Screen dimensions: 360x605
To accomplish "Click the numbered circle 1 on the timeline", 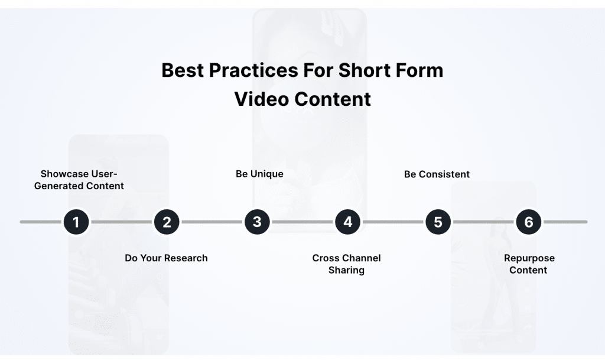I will pyautogui.click(x=76, y=222).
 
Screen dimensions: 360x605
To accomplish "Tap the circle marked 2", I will pyautogui.click(x=167, y=222).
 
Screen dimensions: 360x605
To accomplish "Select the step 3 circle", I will pyautogui.click(x=257, y=222).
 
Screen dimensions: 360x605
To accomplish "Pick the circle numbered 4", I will pyautogui.click(x=347, y=222).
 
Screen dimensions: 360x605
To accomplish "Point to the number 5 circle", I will pyautogui.click(x=438, y=222).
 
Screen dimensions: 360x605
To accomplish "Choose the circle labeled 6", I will pyautogui.click(x=528, y=222).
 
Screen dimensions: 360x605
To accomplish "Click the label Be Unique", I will pyautogui.click(x=259, y=174).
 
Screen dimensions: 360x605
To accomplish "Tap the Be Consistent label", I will pyautogui.click(x=437, y=174).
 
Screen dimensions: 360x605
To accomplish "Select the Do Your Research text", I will pyautogui.click(x=166, y=258).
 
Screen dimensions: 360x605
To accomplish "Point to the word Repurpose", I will pyautogui.click(x=529, y=258).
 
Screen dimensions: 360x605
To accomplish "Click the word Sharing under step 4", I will pyautogui.click(x=346, y=270).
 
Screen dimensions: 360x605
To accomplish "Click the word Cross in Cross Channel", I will pyautogui.click(x=326, y=258).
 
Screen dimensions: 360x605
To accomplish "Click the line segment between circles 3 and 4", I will pyautogui.click(x=302, y=222).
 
